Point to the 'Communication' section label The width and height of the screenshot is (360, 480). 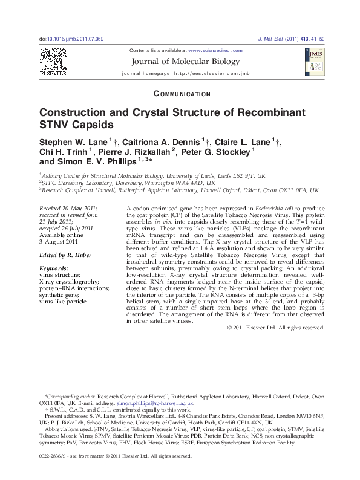183,94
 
